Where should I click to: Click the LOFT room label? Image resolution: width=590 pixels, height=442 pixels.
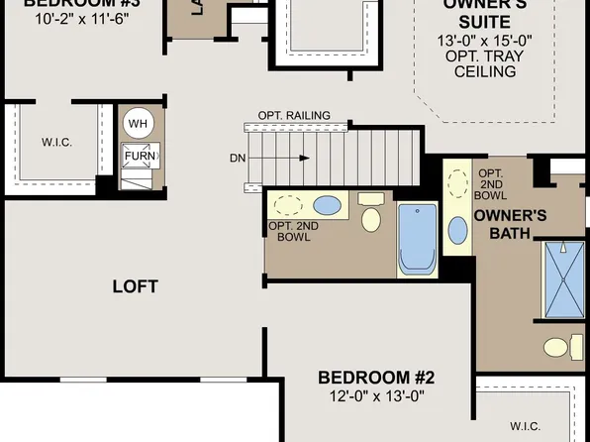click(136, 287)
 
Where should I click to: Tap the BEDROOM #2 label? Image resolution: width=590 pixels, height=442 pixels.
click(376, 377)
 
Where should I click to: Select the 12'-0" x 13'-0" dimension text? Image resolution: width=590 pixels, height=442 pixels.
click(376, 396)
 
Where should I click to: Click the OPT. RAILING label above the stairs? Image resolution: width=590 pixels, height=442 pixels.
click(294, 115)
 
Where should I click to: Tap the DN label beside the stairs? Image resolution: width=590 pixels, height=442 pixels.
click(238, 157)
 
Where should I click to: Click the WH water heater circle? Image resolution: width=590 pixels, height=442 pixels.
click(139, 122)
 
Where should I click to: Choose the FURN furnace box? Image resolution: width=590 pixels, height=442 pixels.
click(138, 156)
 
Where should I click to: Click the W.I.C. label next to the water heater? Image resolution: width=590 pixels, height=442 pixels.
click(56, 142)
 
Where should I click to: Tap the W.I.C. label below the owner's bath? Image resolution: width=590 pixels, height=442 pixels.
click(525, 426)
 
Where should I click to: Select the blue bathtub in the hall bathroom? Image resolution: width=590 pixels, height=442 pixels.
click(417, 238)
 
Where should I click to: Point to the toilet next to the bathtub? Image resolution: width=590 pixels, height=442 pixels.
click(371, 215)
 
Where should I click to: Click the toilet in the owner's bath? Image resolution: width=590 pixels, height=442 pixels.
click(557, 347)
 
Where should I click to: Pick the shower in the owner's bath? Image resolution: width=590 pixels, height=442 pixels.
click(565, 279)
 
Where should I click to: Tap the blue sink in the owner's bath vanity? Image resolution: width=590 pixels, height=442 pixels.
click(457, 230)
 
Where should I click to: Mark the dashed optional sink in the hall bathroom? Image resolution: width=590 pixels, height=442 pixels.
click(289, 206)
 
